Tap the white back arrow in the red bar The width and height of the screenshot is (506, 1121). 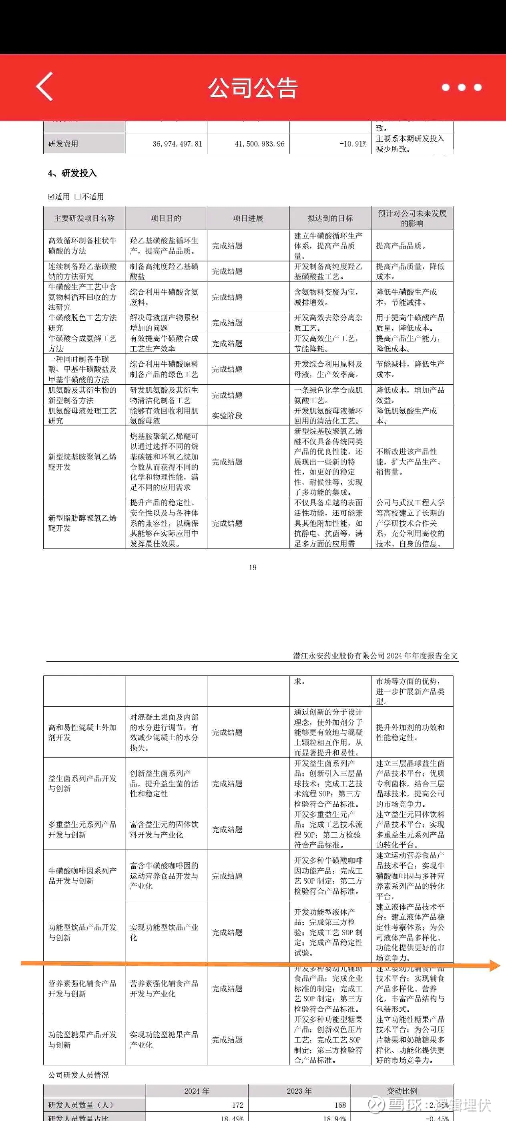click(45, 86)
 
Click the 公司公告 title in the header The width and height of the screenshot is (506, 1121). click(253, 87)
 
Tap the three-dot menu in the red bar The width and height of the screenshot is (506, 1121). click(462, 87)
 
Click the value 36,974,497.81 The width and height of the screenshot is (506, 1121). click(177, 144)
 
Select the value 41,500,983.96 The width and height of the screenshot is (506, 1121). click(259, 144)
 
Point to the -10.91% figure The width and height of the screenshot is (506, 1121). click(353, 144)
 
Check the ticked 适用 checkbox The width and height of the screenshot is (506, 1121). click(51, 197)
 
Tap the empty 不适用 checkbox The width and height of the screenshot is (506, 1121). click(77, 197)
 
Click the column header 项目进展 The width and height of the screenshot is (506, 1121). click(248, 219)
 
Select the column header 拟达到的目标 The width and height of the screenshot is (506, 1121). click(330, 219)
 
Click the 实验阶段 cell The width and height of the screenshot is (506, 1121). click(227, 416)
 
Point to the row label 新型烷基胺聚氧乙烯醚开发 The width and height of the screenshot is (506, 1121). click(82, 462)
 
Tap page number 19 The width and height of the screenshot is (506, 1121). click(253, 567)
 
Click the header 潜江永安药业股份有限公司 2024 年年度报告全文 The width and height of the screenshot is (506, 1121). click(375, 656)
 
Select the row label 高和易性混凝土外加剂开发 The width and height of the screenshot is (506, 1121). click(82, 732)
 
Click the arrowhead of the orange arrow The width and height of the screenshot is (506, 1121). click(495, 966)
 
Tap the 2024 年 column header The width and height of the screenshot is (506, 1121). click(197, 1091)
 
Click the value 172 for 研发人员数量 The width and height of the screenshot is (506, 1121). click(237, 1105)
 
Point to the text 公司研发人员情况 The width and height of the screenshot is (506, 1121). click(78, 1075)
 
